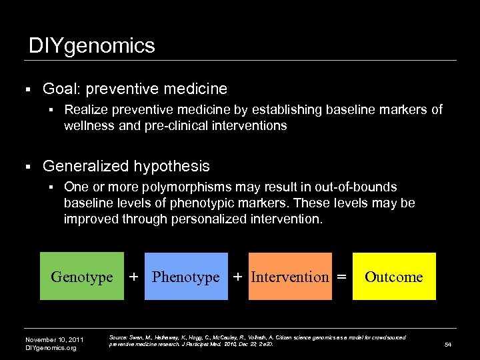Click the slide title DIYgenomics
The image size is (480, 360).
pos(92,45)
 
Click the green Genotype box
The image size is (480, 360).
pos(82,277)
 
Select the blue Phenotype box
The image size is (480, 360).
pos(186,277)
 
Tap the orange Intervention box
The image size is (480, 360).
pos(290,277)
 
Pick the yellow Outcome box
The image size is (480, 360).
pos(394,277)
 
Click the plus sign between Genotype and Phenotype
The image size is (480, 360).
pos(134,276)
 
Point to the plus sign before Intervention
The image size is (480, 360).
pos(238,276)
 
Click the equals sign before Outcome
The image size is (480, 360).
pos(341,276)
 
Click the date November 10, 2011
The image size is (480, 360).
pos(55,339)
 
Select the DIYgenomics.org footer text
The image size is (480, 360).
pos(51,348)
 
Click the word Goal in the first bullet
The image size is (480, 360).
pos(58,89)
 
